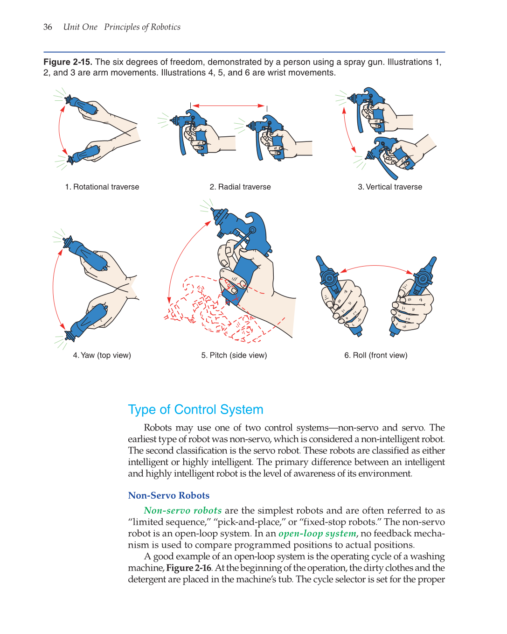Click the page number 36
click(48, 27)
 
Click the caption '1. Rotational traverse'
click(102, 187)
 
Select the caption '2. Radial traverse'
click(240, 187)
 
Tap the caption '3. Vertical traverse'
click(390, 187)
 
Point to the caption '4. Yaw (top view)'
click(102, 355)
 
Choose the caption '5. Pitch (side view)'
click(234, 355)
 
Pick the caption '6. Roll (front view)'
click(376, 355)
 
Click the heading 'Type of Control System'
click(195, 409)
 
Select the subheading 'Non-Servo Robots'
click(169, 495)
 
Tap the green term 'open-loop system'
click(317, 533)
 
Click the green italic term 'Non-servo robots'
click(183, 510)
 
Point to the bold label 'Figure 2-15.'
click(68, 62)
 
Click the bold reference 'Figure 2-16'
click(189, 568)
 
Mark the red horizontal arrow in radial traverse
click(229, 106)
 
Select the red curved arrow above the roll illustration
click(377, 267)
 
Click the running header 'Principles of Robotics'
click(142, 27)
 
